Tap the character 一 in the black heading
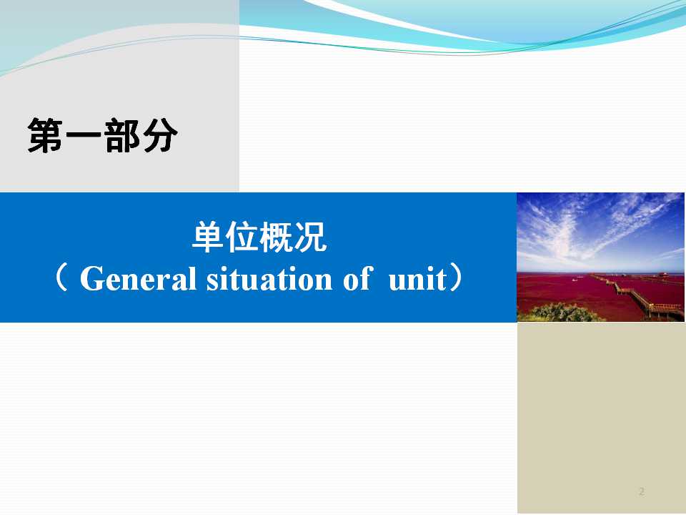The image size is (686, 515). [x=83, y=135]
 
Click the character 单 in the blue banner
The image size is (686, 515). [x=209, y=237]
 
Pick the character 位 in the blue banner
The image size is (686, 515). [x=242, y=237]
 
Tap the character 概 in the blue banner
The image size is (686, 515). [x=276, y=237]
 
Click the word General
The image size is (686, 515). [x=138, y=278]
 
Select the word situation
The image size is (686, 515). [x=269, y=278]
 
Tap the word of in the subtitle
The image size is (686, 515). [x=358, y=278]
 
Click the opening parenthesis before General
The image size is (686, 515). [x=61, y=278]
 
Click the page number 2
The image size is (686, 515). [x=642, y=491]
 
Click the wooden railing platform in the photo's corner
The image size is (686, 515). [x=665, y=310]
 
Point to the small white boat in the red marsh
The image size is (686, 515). [x=575, y=280]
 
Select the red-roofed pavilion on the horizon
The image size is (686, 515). [x=664, y=274]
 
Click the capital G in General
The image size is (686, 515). [x=90, y=279]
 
